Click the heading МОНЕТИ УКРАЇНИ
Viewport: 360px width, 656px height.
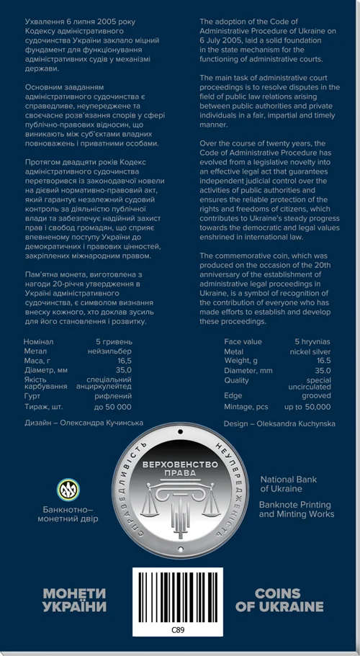click(74, 600)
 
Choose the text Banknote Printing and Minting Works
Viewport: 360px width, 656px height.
click(296, 510)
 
